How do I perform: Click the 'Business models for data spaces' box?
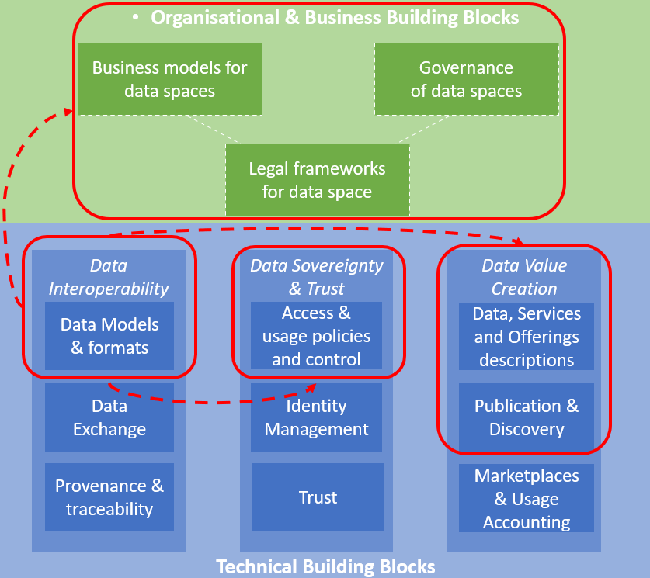[169, 79]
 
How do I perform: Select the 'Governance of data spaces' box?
[466, 79]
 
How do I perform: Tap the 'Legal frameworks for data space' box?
[317, 179]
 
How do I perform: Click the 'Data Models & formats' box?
[109, 336]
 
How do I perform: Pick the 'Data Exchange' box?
[109, 417]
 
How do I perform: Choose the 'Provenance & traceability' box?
[109, 497]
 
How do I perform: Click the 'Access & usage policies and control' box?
[316, 336]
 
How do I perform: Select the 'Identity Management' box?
[316, 417]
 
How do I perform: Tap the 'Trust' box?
[318, 497]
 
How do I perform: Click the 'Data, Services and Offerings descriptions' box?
[526, 337]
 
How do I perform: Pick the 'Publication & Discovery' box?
[526, 417]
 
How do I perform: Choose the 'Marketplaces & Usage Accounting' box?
[526, 499]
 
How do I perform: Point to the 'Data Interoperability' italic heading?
[109, 277]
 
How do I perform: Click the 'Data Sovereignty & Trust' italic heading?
[316, 277]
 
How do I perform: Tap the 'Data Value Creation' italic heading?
[524, 277]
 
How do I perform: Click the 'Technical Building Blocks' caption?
[325, 566]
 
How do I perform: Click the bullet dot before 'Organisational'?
[136, 17]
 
